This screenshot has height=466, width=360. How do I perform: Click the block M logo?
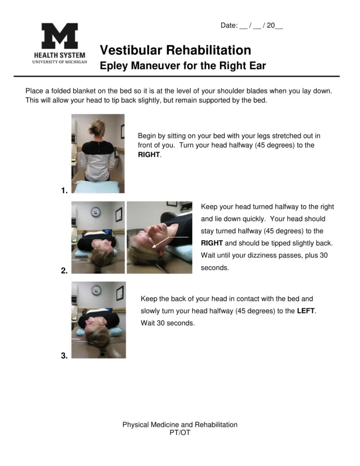60,36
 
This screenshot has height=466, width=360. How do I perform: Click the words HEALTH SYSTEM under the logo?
60,55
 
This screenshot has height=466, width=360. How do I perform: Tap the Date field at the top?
251,26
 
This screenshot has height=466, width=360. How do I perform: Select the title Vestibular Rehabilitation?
175,50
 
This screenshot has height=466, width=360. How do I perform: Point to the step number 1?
64,191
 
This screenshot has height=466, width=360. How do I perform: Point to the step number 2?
64,271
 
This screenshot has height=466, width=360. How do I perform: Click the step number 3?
64,356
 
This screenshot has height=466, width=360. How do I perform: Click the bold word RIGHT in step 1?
149,155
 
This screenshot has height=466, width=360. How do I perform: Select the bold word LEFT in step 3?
307,311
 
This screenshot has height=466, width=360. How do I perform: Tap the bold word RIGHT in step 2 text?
212,243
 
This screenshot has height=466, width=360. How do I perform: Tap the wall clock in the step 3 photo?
96,290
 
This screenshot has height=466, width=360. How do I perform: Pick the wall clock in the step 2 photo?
96,211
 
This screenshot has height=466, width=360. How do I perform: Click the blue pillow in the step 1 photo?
97,187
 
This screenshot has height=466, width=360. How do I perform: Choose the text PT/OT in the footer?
180,433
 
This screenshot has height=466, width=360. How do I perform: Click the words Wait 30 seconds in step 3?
167,323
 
